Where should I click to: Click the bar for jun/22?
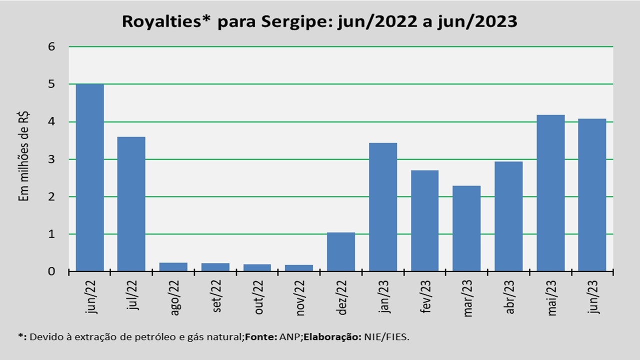[x=89, y=177]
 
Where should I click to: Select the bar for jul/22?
[x=131, y=204]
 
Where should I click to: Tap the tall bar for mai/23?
[x=550, y=193]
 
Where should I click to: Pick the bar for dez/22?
[x=341, y=252]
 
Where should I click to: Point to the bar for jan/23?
[x=383, y=207]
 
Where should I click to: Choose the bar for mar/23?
[x=466, y=228]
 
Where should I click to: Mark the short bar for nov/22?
[x=299, y=268]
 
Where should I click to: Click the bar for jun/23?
[x=592, y=195]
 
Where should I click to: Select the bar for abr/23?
[x=508, y=216]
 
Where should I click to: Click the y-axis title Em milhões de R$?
[x=23, y=155]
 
